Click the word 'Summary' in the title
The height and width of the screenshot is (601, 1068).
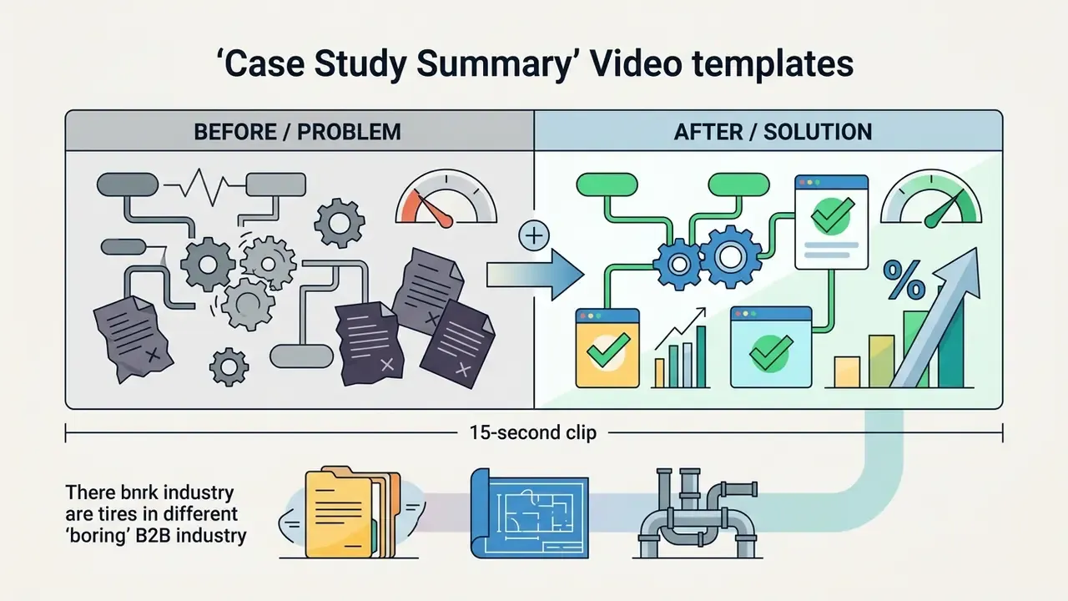[x=493, y=64]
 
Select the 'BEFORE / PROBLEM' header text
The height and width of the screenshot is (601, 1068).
[x=298, y=132]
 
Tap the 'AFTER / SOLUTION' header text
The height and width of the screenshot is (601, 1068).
[x=773, y=132]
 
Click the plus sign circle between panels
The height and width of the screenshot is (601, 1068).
[x=534, y=235]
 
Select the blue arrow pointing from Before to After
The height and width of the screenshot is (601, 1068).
[x=536, y=275]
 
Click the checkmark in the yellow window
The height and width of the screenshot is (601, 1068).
[x=608, y=350]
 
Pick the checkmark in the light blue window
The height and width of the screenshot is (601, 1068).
[x=771, y=352]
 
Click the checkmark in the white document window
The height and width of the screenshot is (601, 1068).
[x=833, y=215]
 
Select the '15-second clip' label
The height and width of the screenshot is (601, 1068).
[x=533, y=432]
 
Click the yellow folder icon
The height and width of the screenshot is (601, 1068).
[x=351, y=513]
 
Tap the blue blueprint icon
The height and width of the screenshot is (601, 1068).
[x=529, y=513]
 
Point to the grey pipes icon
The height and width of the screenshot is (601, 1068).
[x=697, y=513]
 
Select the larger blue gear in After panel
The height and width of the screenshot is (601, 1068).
[x=729, y=257]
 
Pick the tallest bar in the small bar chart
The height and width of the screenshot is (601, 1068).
[x=701, y=356]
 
